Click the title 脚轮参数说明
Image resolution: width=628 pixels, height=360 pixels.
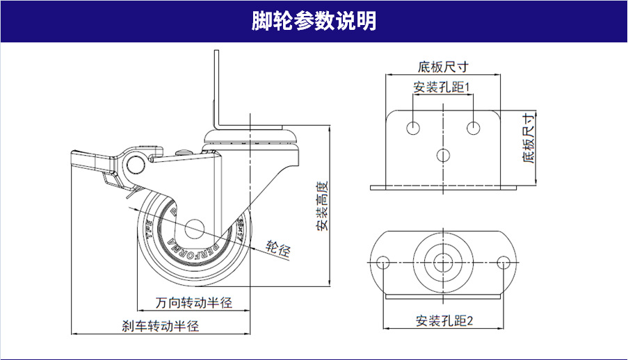click(314, 22)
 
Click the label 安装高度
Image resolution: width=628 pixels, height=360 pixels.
click(321, 206)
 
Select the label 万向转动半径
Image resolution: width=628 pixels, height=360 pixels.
click(193, 303)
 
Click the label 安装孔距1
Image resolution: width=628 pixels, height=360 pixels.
click(442, 88)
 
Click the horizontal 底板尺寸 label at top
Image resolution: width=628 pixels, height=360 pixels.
click(442, 67)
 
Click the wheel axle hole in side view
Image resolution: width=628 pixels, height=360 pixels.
click(194, 229)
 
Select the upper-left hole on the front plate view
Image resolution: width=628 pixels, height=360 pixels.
click(413, 129)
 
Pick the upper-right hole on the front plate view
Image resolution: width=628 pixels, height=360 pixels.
click(474, 129)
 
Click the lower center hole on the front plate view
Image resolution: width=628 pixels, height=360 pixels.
click(443, 154)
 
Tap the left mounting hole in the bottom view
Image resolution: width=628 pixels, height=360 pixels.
click(383, 262)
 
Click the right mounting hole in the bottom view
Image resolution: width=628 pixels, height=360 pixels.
click(505, 262)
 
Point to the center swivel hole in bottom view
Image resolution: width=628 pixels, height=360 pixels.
click(443, 262)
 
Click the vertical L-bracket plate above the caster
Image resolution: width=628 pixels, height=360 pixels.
click(218, 90)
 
